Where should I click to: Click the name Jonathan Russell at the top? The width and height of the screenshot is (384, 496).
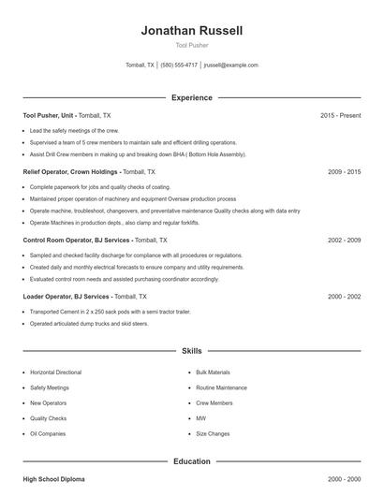click(192, 30)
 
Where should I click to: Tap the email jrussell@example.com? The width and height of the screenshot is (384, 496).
click(230, 66)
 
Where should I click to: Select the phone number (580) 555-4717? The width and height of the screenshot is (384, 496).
click(179, 66)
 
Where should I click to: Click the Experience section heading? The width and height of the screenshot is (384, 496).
click(192, 97)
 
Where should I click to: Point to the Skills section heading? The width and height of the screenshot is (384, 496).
click(192, 351)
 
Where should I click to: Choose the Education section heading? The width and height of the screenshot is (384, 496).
click(192, 461)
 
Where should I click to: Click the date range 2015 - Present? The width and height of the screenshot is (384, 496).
click(340, 115)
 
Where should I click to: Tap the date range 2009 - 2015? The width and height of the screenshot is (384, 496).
click(344, 172)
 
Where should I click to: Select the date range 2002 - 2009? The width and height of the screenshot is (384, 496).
click(344, 241)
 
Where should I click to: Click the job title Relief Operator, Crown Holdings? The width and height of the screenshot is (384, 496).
click(70, 172)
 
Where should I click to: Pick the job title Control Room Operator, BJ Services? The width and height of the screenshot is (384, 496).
click(76, 241)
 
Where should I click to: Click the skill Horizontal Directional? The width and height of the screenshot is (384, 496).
click(55, 372)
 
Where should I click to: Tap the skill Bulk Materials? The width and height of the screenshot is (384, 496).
click(213, 372)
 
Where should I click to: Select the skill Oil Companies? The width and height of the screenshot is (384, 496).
click(47, 433)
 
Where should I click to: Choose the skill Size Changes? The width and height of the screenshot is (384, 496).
click(213, 433)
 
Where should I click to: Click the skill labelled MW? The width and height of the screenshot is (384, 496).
click(200, 418)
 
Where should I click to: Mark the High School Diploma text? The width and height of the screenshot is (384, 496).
click(53, 479)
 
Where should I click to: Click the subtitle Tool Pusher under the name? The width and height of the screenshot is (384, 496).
click(192, 45)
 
